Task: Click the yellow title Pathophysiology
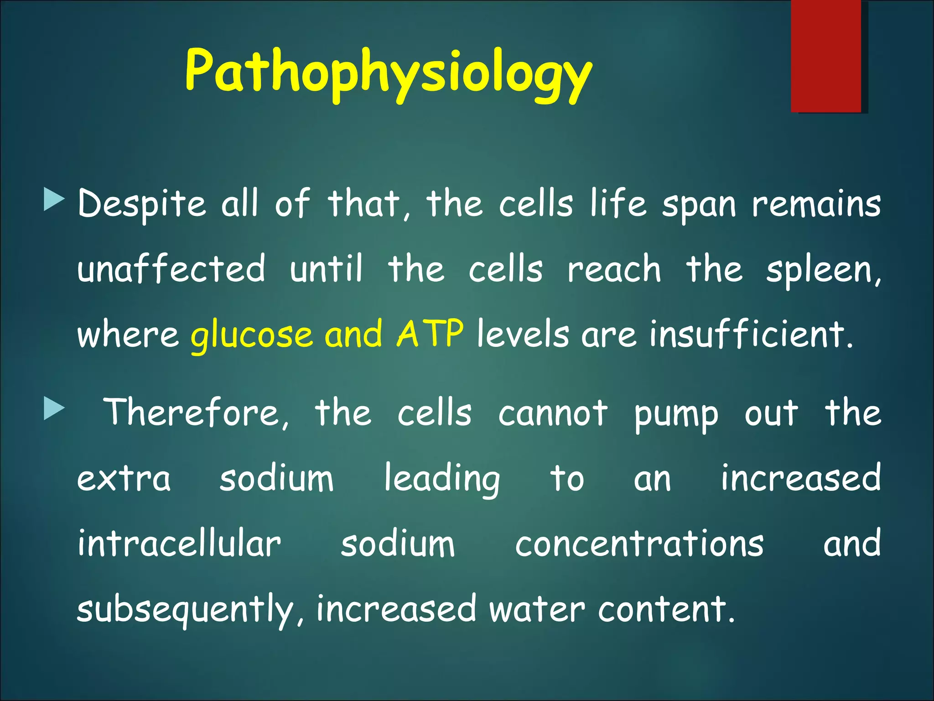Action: [388, 73]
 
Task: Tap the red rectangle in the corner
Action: [826, 56]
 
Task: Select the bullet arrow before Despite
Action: [54, 200]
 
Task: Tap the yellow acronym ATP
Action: [430, 334]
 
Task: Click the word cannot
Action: [553, 413]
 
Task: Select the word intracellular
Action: [179, 544]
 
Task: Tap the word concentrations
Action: [639, 544]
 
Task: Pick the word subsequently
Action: [185, 610]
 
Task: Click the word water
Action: [537, 610]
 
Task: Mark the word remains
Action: [816, 204]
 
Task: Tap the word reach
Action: [613, 269]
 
